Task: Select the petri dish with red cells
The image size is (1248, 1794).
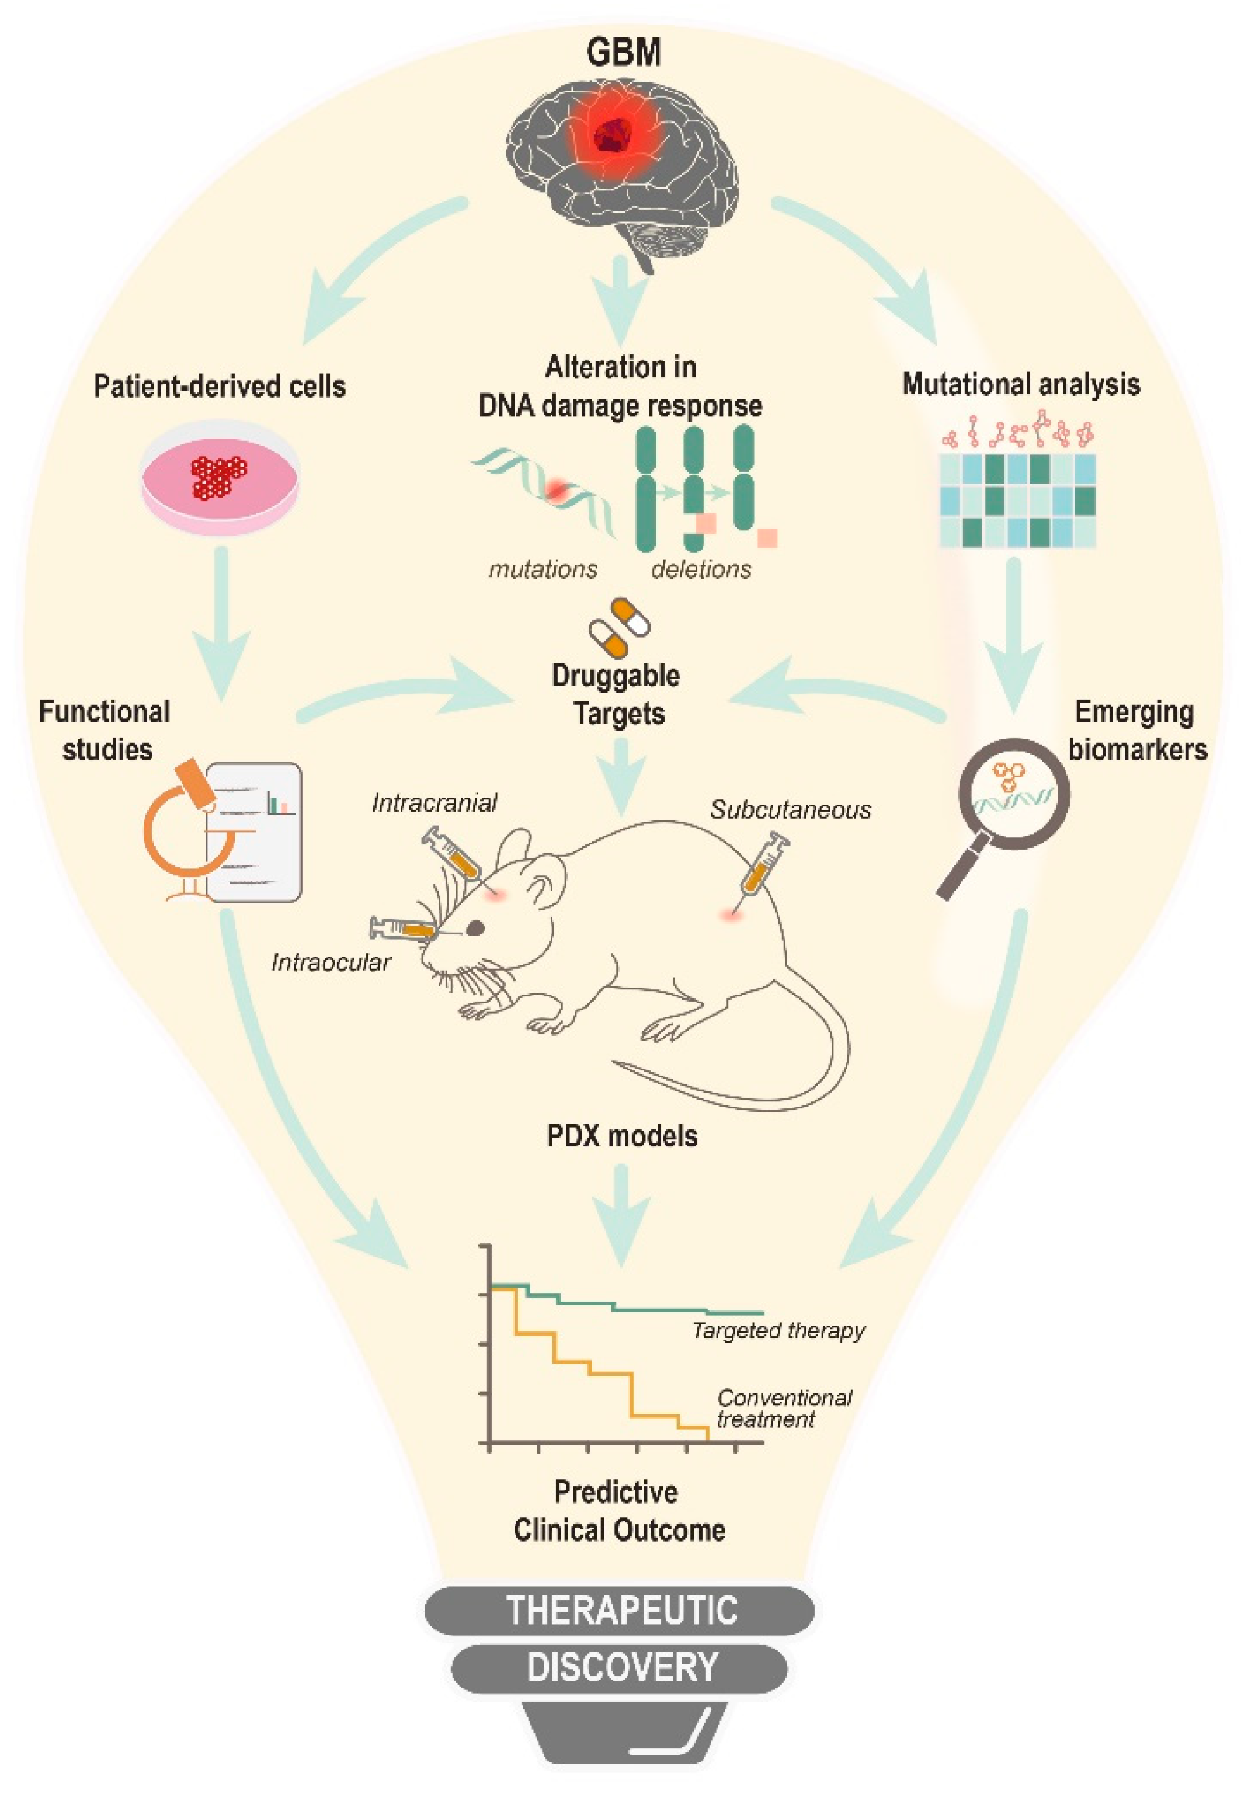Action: tap(220, 478)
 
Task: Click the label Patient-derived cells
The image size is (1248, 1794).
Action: tap(220, 386)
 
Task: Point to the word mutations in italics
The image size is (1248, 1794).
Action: tap(543, 569)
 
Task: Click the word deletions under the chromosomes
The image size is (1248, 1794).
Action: tap(700, 569)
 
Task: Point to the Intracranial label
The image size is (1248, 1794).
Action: tap(434, 802)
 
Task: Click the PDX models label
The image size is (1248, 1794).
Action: tap(621, 1135)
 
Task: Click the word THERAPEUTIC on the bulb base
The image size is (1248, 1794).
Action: tap(621, 1611)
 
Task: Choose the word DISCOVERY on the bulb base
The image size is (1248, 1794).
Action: tap(621, 1667)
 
